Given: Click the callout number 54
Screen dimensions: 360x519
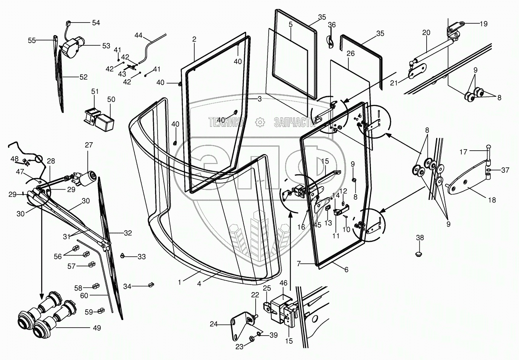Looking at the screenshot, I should [95, 23].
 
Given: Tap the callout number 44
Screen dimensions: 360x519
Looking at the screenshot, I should [138, 35].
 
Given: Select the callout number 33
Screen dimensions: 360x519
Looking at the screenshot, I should [141, 257].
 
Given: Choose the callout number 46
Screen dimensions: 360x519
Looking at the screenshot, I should [283, 283].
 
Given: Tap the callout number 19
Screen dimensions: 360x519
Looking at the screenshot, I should [484, 24].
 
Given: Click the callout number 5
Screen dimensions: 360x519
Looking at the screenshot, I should [290, 24].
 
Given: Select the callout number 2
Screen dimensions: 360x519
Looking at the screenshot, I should [194, 39].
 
